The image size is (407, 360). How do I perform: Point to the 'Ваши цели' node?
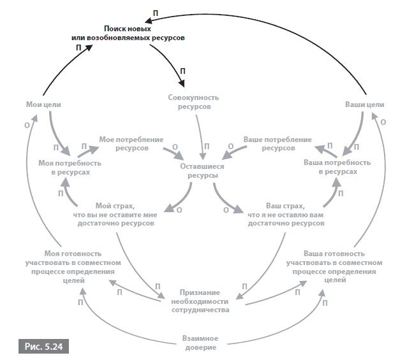click(x=364, y=104)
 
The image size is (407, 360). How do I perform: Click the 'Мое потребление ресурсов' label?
click(x=131, y=143)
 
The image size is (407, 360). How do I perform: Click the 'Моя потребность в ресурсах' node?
click(x=68, y=168)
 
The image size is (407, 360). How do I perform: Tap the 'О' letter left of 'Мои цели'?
click(x=26, y=125)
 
